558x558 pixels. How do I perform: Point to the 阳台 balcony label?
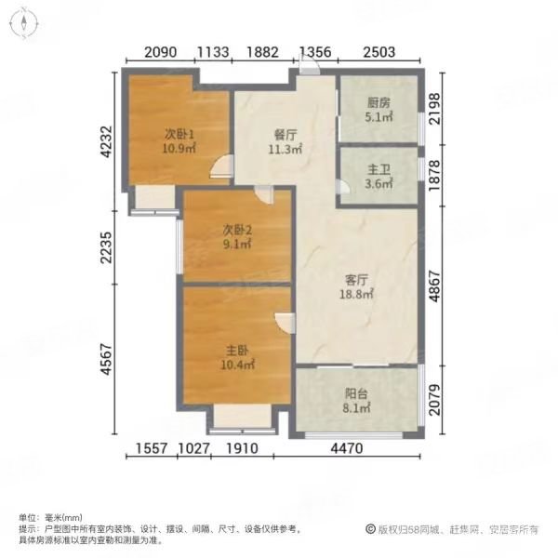(x=357, y=392)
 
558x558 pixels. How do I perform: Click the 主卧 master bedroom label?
(x=237, y=352)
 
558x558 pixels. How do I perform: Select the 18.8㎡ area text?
(x=357, y=294)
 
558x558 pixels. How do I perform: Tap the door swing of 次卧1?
(x=221, y=167)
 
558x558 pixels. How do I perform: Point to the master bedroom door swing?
(x=285, y=322)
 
